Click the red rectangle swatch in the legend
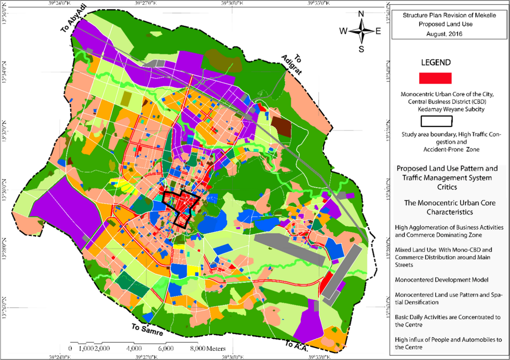tap(435, 78)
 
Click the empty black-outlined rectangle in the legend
tap(436, 121)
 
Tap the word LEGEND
tap(435, 62)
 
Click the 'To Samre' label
tap(147, 331)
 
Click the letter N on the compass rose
tap(361, 14)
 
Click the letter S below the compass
tap(361, 49)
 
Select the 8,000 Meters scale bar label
tap(207, 348)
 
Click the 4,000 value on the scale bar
tap(134, 348)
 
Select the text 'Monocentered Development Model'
tap(434, 281)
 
